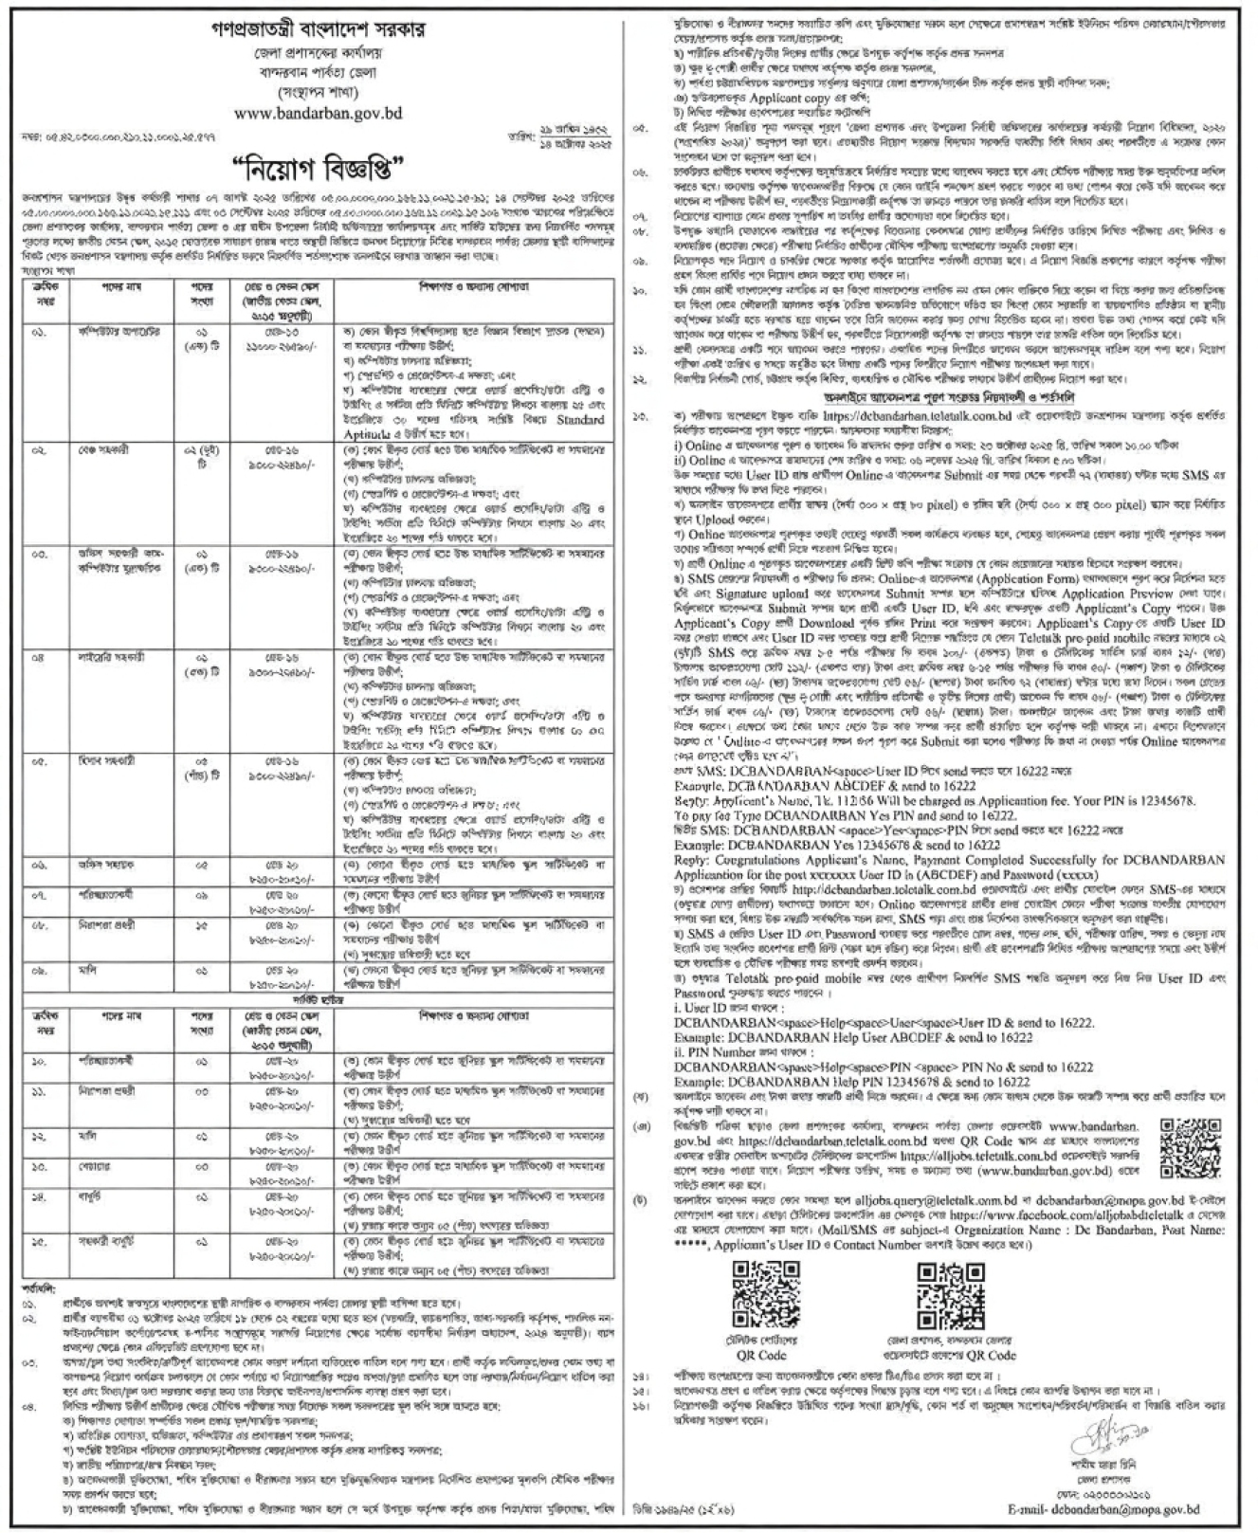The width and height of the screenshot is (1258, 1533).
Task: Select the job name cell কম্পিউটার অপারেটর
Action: click(116, 333)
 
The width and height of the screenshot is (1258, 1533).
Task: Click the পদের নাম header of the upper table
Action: click(120, 286)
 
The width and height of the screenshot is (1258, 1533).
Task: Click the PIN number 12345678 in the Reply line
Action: click(1165, 800)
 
